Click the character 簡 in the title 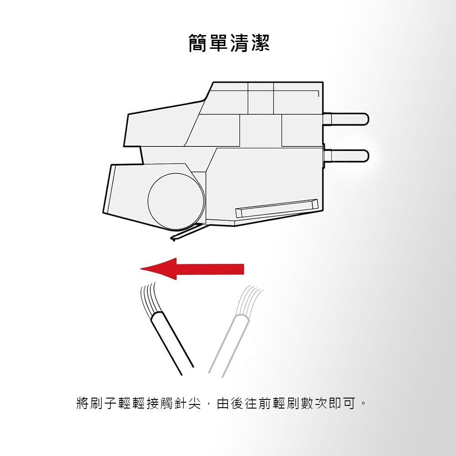tap(199, 43)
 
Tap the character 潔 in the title tap(260, 43)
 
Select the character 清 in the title tap(240, 43)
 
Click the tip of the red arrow tap(141, 269)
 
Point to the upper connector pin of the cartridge tap(346, 119)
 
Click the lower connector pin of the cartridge tap(346, 155)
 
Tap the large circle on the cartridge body tap(176, 201)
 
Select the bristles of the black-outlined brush tap(150, 300)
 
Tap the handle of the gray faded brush tap(228, 346)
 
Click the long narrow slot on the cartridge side tap(276, 208)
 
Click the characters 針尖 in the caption tap(187, 403)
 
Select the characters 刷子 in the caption tap(103, 403)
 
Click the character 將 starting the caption tap(83, 403)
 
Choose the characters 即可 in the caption tap(342, 403)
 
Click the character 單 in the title tap(219, 43)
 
